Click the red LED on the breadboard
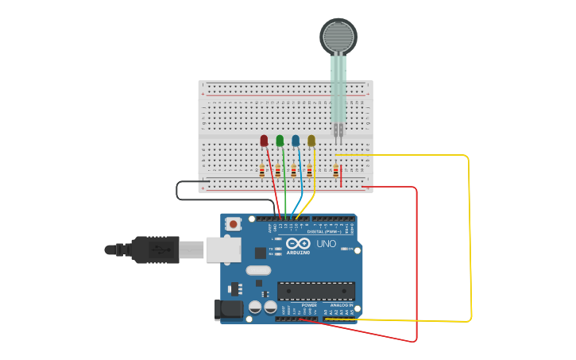(264, 141)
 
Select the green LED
(280, 141)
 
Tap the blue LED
(296, 141)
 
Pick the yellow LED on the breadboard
(311, 141)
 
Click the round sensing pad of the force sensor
(338, 36)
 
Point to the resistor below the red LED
(262, 170)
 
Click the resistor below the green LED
(278, 170)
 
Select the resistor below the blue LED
(293, 170)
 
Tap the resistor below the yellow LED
(309, 170)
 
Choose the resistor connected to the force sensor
(336, 170)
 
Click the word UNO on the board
(327, 243)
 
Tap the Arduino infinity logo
(299, 244)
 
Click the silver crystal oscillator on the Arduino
(258, 270)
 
